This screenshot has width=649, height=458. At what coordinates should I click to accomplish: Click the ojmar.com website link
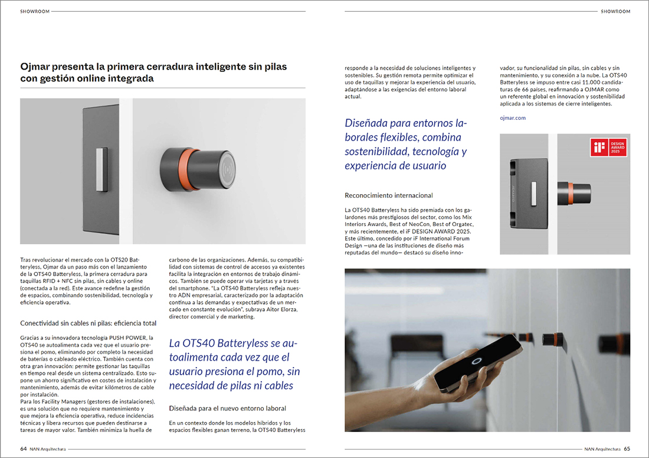pos(512,118)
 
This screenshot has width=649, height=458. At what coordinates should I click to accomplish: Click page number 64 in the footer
pos(23,449)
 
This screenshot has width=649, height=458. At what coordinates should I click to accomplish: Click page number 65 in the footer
pos(627,449)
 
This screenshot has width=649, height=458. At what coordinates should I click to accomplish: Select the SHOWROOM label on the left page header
pos(34,11)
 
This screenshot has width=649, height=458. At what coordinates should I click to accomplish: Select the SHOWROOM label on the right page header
pos(615,11)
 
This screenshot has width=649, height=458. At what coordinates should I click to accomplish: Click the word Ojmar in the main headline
pos(35,67)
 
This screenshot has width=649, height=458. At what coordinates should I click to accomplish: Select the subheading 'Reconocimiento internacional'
pos(388,195)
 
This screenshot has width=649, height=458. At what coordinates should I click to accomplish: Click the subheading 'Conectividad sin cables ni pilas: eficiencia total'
pos(88,323)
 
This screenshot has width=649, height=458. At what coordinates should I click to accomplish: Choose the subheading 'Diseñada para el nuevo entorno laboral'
pos(227,408)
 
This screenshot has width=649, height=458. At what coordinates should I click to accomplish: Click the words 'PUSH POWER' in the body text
pos(124,338)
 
